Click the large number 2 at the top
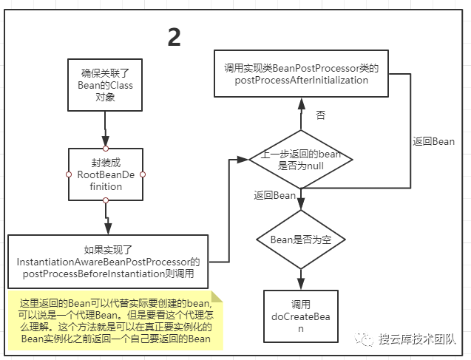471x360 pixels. [x=174, y=37]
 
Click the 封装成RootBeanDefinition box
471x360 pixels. [x=105, y=174]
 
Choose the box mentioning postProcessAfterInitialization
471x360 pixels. [x=301, y=74]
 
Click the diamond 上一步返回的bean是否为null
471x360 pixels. [x=300, y=160]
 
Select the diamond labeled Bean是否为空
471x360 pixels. [x=300, y=240]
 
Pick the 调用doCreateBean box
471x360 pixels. [x=300, y=316]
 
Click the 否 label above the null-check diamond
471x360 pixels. [x=320, y=115]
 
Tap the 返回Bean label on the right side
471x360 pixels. [x=433, y=141]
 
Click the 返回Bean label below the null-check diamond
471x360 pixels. [x=274, y=195]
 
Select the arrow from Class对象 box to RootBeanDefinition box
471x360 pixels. [x=106, y=136]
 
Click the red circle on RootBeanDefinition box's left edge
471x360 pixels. [x=68, y=174]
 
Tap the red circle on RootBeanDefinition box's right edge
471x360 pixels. [x=143, y=174]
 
